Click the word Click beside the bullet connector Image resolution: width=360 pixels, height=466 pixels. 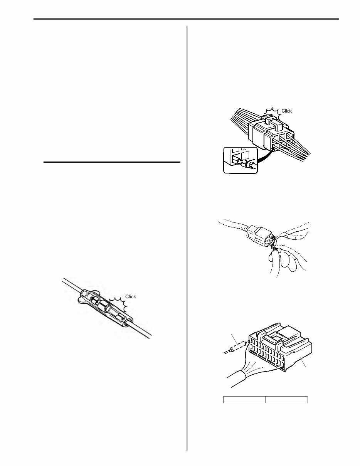tap(131, 296)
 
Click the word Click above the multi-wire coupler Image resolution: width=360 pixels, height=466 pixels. tap(287, 111)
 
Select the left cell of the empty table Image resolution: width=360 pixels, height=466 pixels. tap(244, 399)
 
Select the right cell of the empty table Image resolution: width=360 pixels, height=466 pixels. tap(287, 399)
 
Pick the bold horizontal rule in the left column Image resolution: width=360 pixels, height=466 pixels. tap(112, 163)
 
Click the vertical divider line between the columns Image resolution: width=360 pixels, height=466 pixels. tap(187, 231)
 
